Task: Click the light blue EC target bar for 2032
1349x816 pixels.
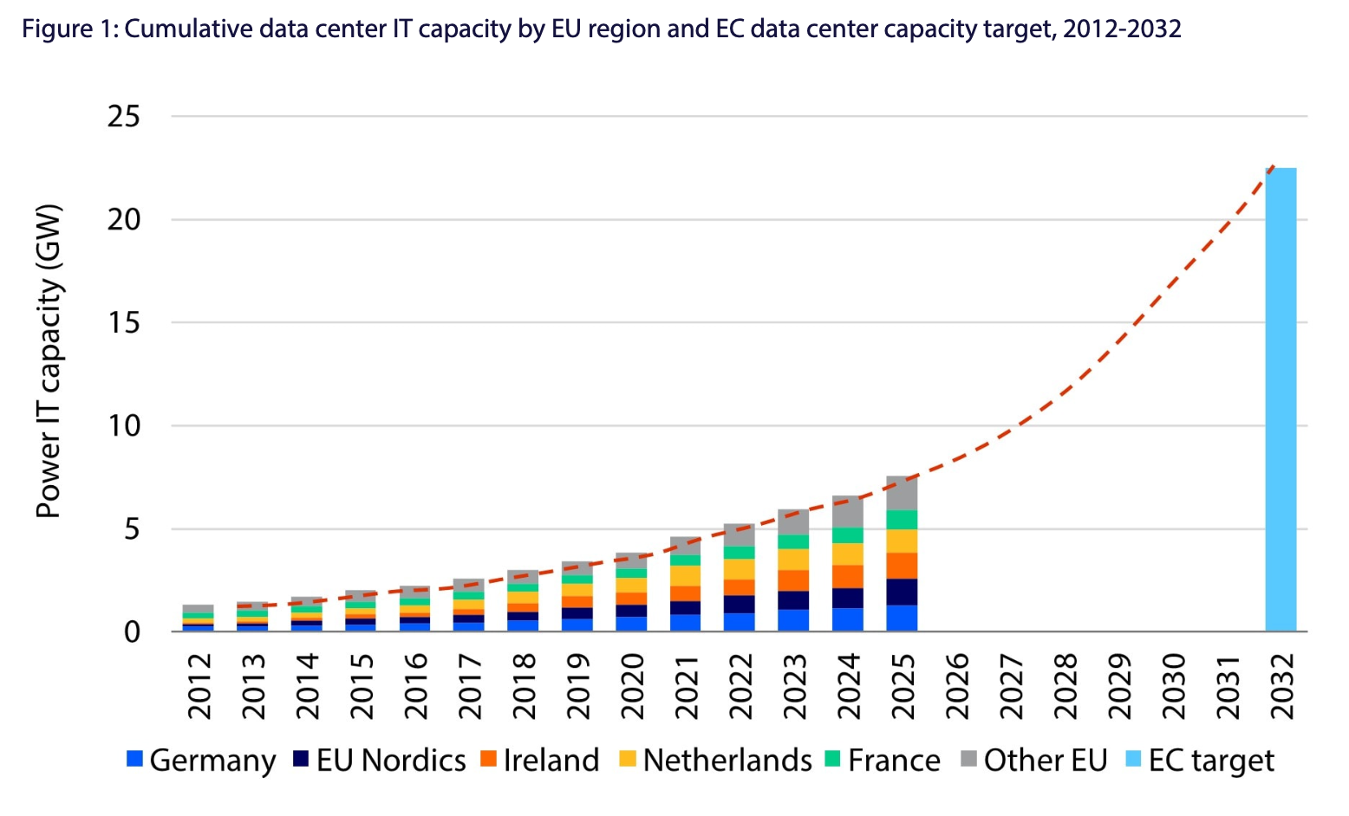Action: (x=1281, y=398)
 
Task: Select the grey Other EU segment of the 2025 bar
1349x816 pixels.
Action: (x=902, y=493)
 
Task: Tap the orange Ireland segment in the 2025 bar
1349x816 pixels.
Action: (x=902, y=566)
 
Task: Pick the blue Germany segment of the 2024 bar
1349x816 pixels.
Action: (x=848, y=619)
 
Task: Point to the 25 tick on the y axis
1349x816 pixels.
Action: (x=123, y=116)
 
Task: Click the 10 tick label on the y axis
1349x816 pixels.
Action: (x=123, y=425)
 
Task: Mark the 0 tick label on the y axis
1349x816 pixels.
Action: (x=132, y=632)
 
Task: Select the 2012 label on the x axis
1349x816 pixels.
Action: (x=199, y=686)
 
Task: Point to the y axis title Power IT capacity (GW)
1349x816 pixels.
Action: (x=49, y=361)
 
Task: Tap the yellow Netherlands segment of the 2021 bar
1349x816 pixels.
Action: (x=685, y=576)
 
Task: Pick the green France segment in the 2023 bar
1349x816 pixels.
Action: (x=793, y=541)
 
